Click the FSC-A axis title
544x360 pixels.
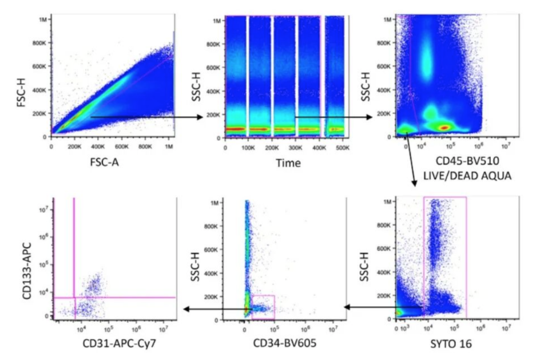coord(105,162)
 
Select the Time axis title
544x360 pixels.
coord(288,163)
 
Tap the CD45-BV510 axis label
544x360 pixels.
coord(467,161)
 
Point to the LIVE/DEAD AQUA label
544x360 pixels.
coord(467,176)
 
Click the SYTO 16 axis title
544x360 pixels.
coord(451,343)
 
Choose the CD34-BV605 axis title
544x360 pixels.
coord(284,343)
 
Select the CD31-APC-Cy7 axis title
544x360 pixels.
coord(120,343)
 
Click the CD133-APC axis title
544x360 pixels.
coord(27,271)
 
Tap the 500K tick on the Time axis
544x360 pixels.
coord(343,148)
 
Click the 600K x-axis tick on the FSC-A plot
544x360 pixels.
coord(122,147)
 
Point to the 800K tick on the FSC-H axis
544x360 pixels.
coord(39,43)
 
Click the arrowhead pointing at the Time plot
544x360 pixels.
coord(200,117)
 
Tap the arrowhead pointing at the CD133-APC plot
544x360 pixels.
coord(186,309)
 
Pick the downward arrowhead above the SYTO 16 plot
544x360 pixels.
coord(414,183)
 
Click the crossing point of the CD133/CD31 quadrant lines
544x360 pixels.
coord(74,298)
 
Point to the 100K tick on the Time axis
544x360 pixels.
coord(248,148)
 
